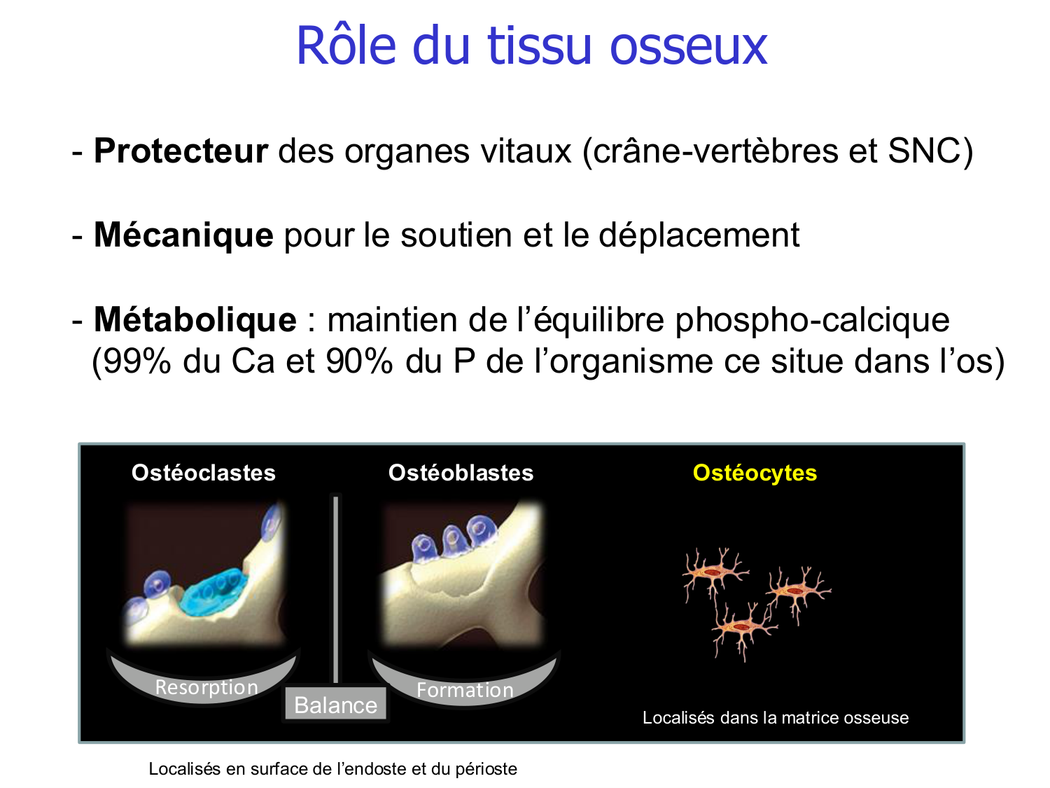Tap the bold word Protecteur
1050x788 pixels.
point(181,151)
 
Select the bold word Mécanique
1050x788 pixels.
point(183,235)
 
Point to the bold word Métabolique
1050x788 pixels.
point(195,319)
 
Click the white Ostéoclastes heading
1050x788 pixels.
point(204,473)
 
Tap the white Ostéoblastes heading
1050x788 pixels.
point(461,473)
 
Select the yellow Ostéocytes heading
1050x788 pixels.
point(755,473)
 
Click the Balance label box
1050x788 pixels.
point(336,705)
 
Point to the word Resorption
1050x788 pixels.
point(206,687)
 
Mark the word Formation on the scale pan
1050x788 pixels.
point(465,690)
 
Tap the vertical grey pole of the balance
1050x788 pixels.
point(336,588)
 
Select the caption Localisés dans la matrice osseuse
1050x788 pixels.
point(776,717)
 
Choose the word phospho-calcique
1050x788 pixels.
point(812,319)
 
